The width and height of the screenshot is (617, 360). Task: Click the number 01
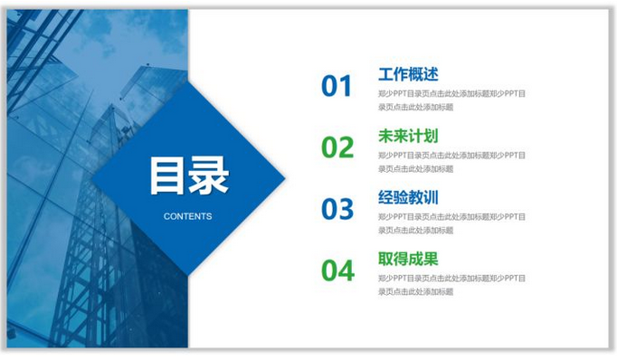point(337,86)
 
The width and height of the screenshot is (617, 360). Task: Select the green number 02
point(337,147)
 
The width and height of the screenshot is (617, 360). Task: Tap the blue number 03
point(337,209)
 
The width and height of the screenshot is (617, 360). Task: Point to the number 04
point(337,270)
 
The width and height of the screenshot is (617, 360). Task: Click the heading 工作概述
point(408,74)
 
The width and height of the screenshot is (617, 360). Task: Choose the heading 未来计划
point(408,136)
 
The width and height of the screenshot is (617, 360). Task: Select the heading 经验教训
point(408,197)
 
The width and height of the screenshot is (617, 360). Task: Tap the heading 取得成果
point(408,259)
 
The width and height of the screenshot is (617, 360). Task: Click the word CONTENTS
point(188,217)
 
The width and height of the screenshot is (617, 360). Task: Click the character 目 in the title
point(167,176)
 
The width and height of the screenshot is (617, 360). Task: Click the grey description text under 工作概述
point(451,99)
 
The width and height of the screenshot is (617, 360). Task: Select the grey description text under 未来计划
point(451,161)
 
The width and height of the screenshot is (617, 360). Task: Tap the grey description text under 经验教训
point(451,223)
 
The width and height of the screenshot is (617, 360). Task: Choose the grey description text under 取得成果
point(451,284)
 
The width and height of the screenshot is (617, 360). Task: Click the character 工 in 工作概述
point(386,74)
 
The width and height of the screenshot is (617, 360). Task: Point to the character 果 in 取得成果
point(431,259)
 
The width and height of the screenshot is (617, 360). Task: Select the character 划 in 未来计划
point(431,136)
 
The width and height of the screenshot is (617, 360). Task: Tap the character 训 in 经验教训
point(431,197)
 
